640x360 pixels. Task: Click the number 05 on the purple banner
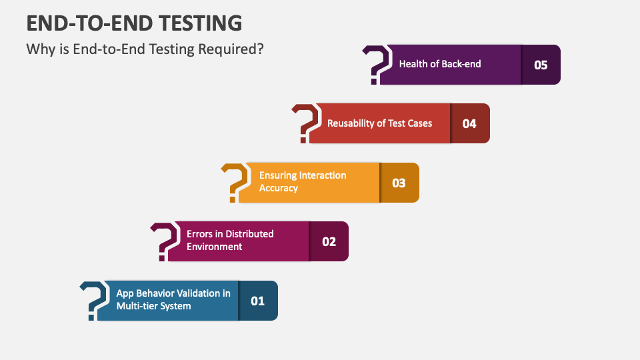[x=541, y=65]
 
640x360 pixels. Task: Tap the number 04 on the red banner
[x=469, y=124]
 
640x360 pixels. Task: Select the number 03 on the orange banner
[x=399, y=183]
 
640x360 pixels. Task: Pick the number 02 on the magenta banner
[x=329, y=241]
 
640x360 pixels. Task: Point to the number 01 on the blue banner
[x=257, y=301]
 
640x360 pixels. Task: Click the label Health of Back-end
[x=440, y=64]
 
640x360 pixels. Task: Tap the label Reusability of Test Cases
[x=379, y=123]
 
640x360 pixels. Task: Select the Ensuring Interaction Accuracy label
[x=303, y=181]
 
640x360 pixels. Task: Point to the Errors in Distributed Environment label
[x=230, y=241]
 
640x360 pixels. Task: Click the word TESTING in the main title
[x=201, y=23]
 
